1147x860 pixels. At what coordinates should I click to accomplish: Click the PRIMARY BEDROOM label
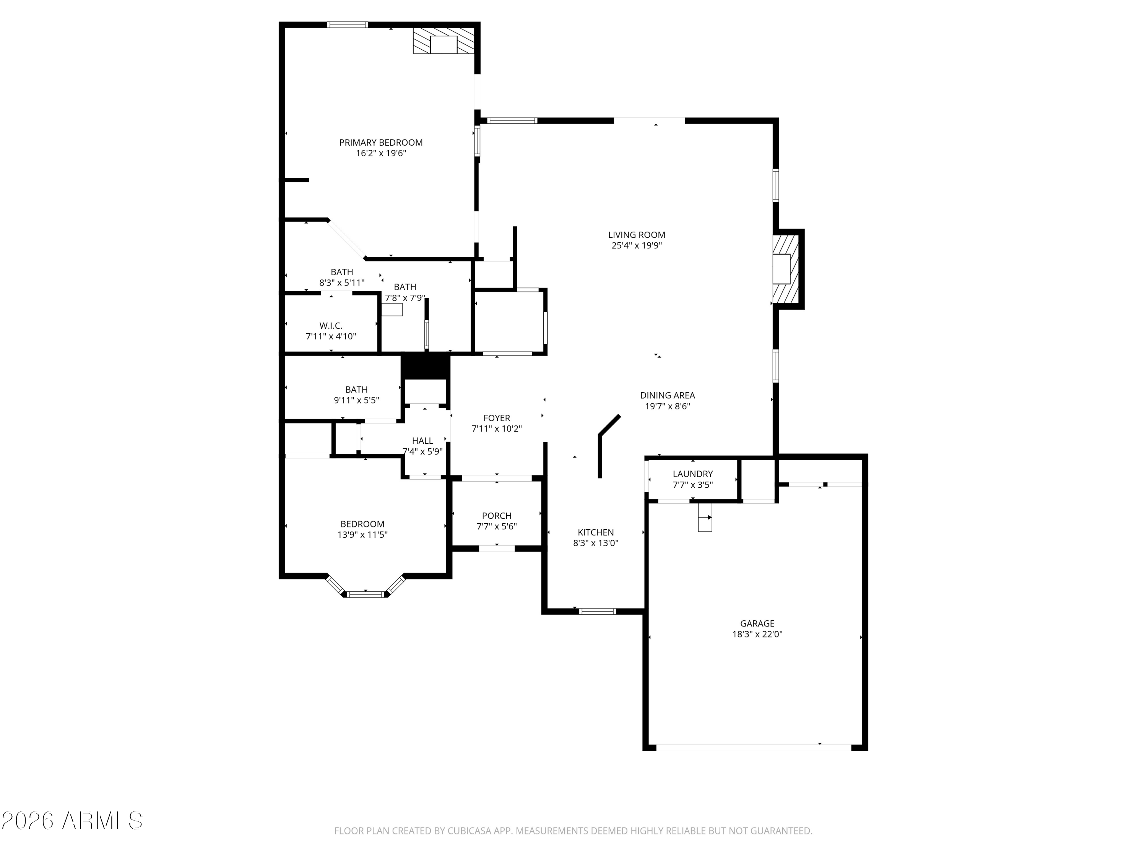[x=380, y=143]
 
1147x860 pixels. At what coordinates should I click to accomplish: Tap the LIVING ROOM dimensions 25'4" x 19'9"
[x=636, y=246]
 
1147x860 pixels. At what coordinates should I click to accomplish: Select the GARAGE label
[x=757, y=624]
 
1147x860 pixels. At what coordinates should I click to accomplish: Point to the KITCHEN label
[x=596, y=532]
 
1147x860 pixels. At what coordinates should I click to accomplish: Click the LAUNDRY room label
[x=692, y=474]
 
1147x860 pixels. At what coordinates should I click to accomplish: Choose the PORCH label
[x=496, y=516]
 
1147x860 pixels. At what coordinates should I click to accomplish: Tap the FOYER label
[x=496, y=418]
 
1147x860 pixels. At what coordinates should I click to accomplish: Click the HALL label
[x=422, y=441]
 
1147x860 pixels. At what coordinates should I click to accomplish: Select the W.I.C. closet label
[x=330, y=326]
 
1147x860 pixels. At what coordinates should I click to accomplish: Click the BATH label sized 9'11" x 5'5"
[x=356, y=389]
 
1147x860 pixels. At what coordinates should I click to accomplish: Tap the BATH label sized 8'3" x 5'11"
[x=342, y=272]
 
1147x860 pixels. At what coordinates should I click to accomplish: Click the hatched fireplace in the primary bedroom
[x=444, y=41]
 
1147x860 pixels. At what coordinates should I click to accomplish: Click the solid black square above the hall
[x=425, y=367]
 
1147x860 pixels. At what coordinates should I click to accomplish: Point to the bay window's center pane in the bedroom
[x=366, y=594]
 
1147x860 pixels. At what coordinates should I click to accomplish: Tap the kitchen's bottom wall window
[x=597, y=611]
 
